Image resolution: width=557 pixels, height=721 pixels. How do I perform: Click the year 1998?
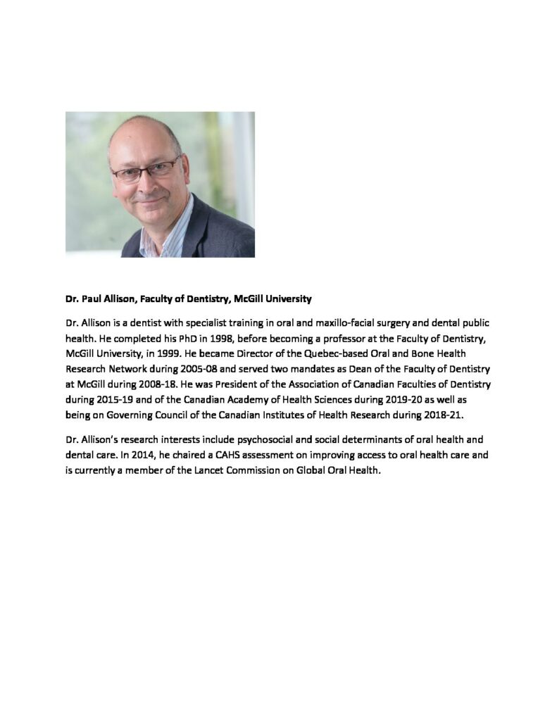tap(217, 338)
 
